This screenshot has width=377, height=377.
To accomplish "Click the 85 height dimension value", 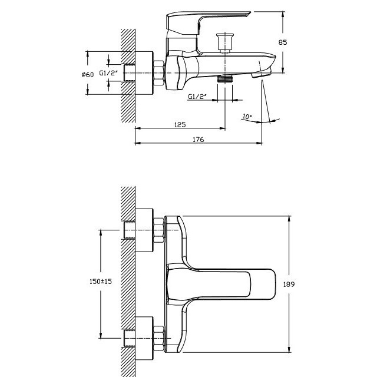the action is click(283, 42).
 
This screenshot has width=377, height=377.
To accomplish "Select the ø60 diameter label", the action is click(88, 75).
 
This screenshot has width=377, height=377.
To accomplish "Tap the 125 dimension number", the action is click(180, 124).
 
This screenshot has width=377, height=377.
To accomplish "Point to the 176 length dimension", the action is click(199, 140).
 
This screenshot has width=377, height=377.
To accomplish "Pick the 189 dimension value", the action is click(289, 285).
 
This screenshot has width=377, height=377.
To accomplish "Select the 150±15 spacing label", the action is click(101, 282).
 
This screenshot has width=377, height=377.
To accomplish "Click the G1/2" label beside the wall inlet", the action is click(108, 73).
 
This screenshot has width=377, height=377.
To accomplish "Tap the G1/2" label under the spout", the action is click(197, 97).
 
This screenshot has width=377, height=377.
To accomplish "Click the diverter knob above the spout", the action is click(225, 42).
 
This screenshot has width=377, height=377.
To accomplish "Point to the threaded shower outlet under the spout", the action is click(225, 78).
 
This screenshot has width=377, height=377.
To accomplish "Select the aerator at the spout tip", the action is click(261, 74).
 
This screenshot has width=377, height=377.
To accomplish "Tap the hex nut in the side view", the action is click(158, 73).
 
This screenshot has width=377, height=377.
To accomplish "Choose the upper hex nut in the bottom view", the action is click(158, 230).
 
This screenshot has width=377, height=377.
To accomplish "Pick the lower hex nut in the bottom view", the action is click(158, 338).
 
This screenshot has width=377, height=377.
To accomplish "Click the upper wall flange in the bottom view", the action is click(144, 230).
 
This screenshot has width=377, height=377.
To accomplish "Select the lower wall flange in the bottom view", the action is click(144, 338).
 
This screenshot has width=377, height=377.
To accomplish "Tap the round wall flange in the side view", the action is click(144, 73).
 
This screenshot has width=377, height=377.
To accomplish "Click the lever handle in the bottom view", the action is click(221, 284).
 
